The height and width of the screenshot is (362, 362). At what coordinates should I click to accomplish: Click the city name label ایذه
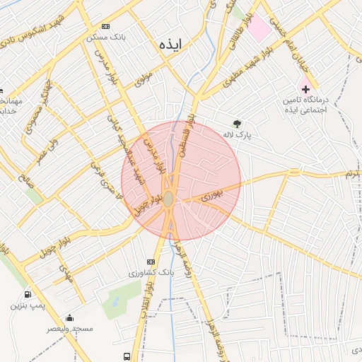pyautogui.click(x=170, y=44)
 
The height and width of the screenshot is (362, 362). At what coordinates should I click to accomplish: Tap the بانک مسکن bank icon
pyautogui.click(x=106, y=25)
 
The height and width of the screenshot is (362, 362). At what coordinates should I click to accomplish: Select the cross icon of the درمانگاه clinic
pyautogui.click(x=305, y=89)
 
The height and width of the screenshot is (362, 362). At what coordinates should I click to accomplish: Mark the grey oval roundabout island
pyautogui.click(x=168, y=199)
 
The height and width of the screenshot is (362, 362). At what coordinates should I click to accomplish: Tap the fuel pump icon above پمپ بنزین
pyautogui.click(x=28, y=294)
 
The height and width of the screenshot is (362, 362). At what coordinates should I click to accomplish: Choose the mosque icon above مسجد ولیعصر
pyautogui.click(x=69, y=317)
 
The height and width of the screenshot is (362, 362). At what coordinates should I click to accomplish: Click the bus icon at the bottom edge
pyautogui.click(x=127, y=357)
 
